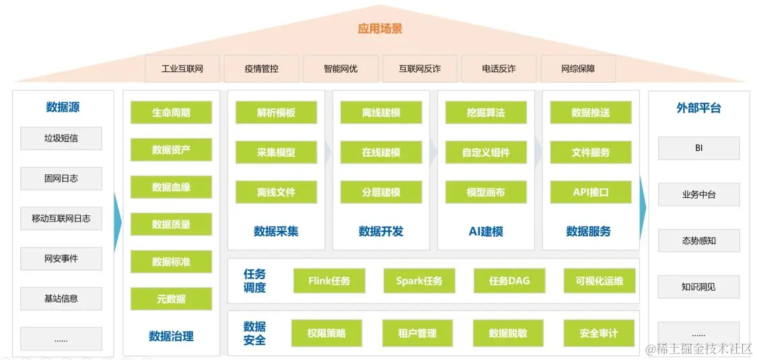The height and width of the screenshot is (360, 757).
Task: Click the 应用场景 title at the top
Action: pos(380,29)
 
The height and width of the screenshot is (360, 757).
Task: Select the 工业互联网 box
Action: pos(182,69)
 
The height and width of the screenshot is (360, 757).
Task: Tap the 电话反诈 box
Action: pos(499,69)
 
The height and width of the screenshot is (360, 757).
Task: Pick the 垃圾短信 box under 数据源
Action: pos(61,139)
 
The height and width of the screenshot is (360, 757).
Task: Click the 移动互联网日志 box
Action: pos(61,219)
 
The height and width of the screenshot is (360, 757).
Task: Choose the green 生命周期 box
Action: pos(171,112)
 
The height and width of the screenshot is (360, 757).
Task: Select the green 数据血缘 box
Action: pos(171,187)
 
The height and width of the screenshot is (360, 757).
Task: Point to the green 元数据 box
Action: pos(171,299)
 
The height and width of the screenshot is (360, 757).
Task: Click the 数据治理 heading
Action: pos(171,336)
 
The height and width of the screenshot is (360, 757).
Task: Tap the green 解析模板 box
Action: pos(276,112)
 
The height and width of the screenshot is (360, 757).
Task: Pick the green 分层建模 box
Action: pos(381,192)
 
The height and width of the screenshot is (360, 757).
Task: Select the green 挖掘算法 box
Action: pos(486,112)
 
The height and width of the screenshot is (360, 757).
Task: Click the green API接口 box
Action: pos(591,192)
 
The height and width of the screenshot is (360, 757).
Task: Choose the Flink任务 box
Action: pos(329,281)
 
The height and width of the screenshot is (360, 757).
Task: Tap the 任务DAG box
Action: pos(509,281)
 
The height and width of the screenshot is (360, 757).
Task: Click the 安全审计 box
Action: pos(598,333)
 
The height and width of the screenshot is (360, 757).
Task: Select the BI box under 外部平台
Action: pos(698,148)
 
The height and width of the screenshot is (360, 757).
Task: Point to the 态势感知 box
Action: pos(698,241)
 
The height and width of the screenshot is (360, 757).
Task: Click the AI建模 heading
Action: pos(486,231)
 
